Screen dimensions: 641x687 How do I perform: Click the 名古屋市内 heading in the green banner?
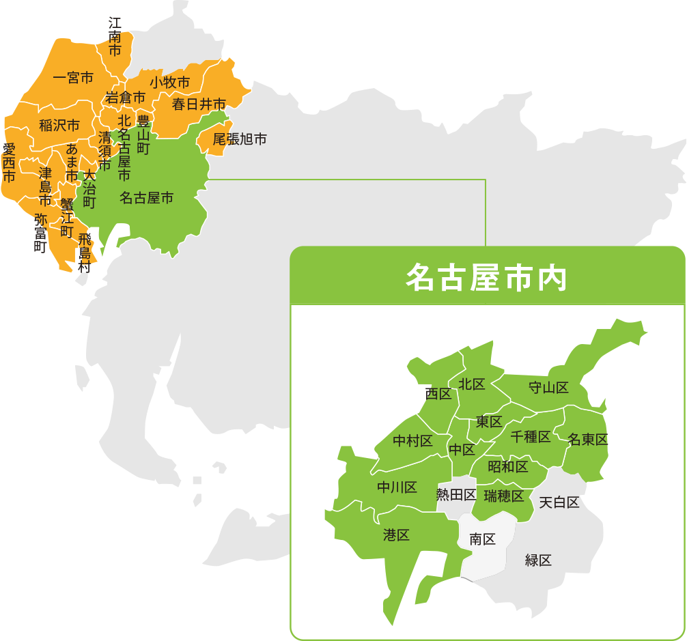click(486, 276)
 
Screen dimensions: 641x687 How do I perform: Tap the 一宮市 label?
click(73, 78)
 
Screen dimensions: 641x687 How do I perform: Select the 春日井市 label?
click(199, 104)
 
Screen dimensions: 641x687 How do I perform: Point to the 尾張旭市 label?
click(239, 139)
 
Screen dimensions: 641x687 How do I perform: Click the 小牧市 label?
click(169, 82)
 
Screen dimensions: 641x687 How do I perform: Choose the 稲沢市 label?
click(59, 125)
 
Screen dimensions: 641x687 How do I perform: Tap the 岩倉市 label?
click(125, 98)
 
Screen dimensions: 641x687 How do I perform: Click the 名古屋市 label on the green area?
click(146, 198)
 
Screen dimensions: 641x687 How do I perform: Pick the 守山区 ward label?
click(548, 388)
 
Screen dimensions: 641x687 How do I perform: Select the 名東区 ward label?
click(587, 440)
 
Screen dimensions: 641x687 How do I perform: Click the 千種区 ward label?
click(531, 437)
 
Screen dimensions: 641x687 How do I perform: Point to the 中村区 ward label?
click(412, 441)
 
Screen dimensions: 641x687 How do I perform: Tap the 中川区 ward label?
click(397, 487)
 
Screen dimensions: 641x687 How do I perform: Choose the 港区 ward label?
click(396, 535)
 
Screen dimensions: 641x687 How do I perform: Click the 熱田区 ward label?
click(456, 494)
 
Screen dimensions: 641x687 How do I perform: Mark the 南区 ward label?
click(482, 539)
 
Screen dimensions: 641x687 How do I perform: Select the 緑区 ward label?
click(538, 560)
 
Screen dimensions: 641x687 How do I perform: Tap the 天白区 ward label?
click(559, 502)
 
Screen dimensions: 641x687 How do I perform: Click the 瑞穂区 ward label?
click(503, 496)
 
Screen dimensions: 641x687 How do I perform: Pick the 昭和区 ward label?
click(508, 467)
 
